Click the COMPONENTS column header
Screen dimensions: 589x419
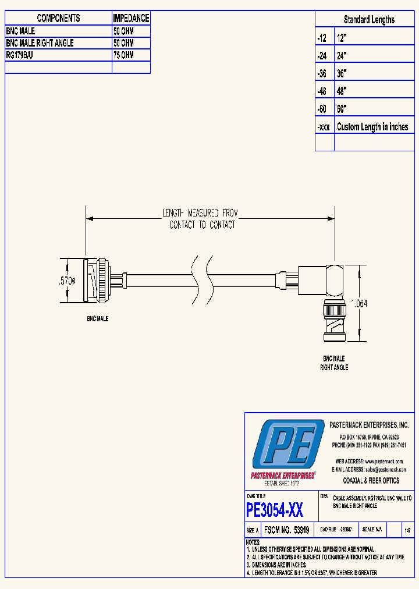pyautogui.click(x=58, y=19)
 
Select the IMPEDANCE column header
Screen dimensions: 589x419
pyautogui.click(x=131, y=19)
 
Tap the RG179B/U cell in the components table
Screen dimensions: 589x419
pyautogui.click(x=21, y=55)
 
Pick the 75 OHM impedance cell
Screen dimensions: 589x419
pyautogui.click(x=124, y=55)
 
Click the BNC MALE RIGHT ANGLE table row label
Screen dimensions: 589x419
pyautogui.click(x=40, y=43)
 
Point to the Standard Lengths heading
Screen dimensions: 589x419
pyautogui.click(x=369, y=20)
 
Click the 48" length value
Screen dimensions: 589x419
pyautogui.click(x=342, y=91)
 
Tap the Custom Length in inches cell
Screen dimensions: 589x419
pyautogui.click(x=372, y=127)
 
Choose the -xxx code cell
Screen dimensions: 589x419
pyautogui.click(x=324, y=127)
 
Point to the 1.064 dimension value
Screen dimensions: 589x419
pyautogui.click(x=358, y=304)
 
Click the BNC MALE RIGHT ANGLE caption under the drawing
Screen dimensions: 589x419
pyautogui.click(x=334, y=363)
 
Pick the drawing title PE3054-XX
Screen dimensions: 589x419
pyautogui.click(x=275, y=510)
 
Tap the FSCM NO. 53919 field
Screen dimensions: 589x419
pyautogui.click(x=286, y=531)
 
